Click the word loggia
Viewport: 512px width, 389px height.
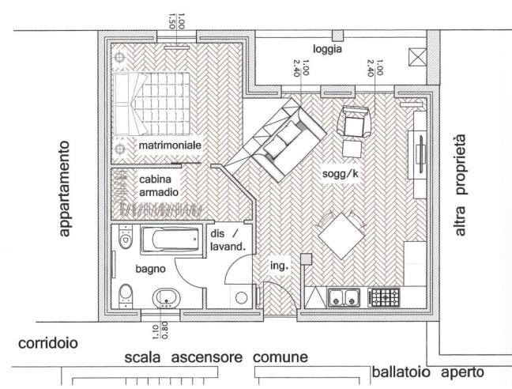click(x=326, y=48)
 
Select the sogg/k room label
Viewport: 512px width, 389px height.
click(x=341, y=172)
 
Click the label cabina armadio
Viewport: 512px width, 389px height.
click(x=160, y=186)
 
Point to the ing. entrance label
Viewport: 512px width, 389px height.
click(x=278, y=266)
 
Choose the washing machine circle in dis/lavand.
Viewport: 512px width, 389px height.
click(x=241, y=297)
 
